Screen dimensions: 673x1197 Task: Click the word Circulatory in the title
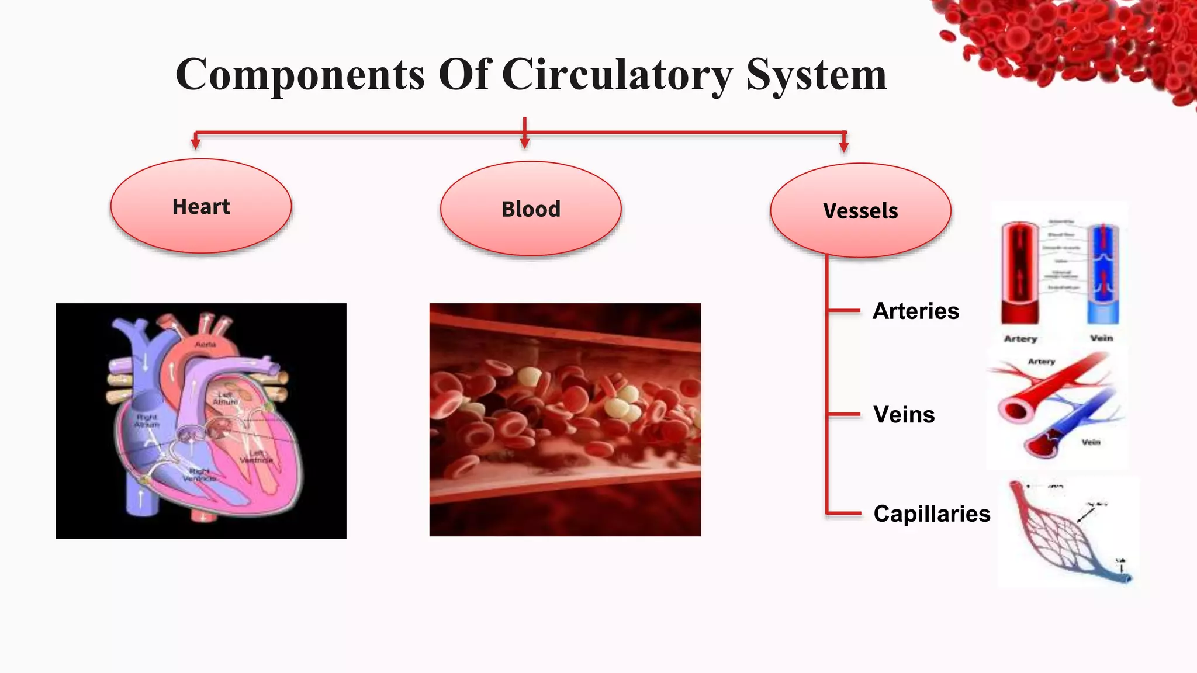(x=617, y=75)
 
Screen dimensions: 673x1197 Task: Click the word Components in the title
(x=300, y=75)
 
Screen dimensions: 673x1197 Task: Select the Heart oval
(x=201, y=206)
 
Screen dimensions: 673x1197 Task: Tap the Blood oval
(x=531, y=209)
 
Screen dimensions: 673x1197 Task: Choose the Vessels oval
(x=860, y=211)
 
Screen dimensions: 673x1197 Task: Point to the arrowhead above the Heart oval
(x=196, y=143)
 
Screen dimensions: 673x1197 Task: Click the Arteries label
(x=915, y=311)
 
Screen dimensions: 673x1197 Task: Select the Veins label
(x=904, y=414)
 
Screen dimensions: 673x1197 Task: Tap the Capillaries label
(x=932, y=514)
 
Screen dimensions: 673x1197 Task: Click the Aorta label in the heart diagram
(x=205, y=345)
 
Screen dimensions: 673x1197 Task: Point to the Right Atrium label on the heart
(x=146, y=421)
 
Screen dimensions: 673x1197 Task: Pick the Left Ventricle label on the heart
(x=256, y=457)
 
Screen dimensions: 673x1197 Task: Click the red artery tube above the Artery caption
(x=1020, y=272)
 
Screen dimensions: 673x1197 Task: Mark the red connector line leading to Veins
(x=843, y=414)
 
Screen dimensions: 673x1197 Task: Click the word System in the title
(x=817, y=75)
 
